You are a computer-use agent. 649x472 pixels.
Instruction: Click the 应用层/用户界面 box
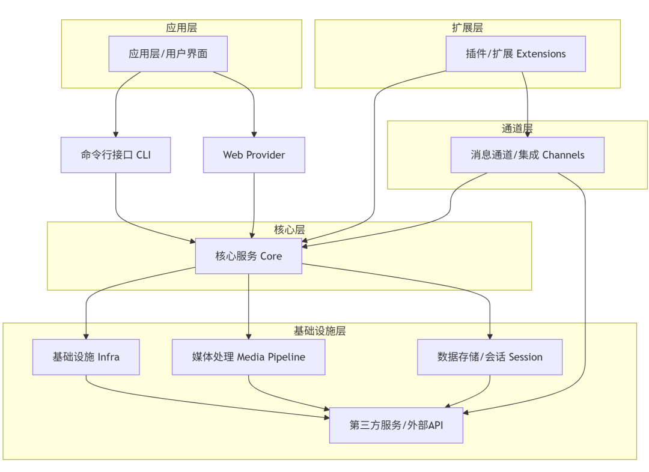point(168,53)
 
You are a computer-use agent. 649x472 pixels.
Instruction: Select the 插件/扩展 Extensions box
point(516,53)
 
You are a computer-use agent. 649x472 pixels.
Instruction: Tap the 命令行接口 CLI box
point(116,154)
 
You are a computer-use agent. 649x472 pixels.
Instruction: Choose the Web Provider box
point(254,154)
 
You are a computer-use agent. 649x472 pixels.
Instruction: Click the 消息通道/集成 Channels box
point(528,154)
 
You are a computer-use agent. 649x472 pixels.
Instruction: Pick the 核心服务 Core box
point(249,256)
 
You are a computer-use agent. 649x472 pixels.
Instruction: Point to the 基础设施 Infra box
point(86,357)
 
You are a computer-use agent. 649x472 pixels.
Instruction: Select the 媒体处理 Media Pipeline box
point(249,357)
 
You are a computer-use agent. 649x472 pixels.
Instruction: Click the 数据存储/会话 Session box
point(490,357)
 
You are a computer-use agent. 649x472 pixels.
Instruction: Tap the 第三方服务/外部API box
point(396,425)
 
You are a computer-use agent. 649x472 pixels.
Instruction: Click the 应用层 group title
point(181,28)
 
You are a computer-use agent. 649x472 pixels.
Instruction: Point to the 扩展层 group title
point(468,28)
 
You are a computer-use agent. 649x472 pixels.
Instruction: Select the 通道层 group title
point(517,129)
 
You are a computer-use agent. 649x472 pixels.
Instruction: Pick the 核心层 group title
point(290,229)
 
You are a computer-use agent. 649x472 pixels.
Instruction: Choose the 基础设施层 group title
point(320,331)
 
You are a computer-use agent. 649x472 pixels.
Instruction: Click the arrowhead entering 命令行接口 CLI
point(116,134)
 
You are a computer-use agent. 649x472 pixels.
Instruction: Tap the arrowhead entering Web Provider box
point(254,134)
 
